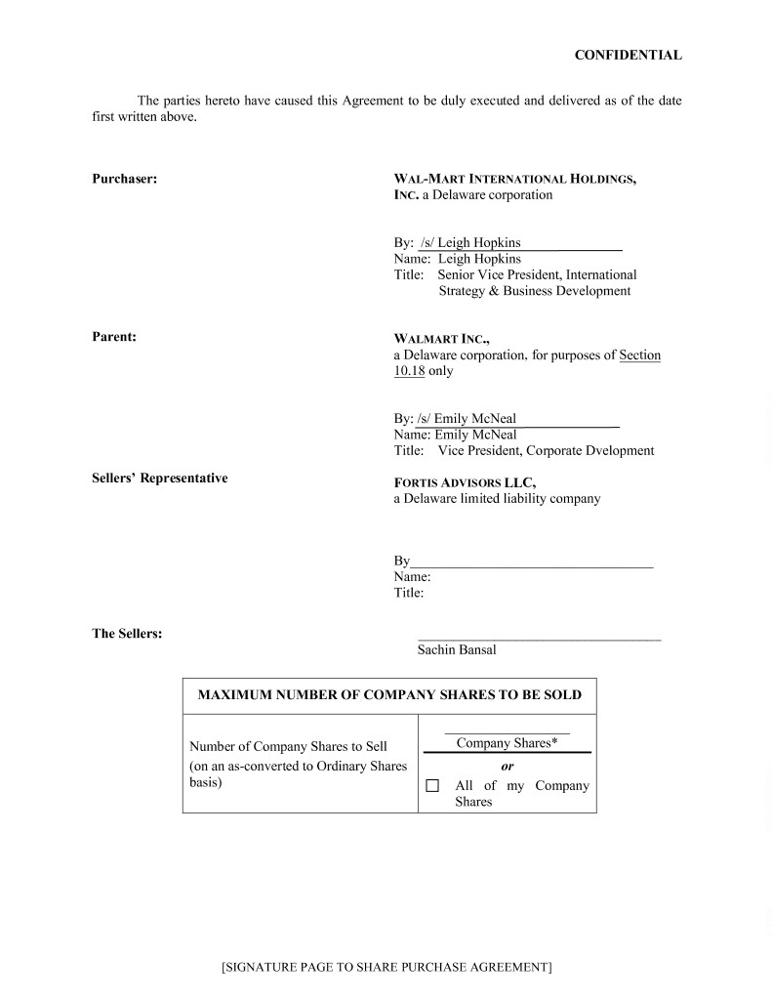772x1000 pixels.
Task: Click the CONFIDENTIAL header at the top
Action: click(x=628, y=56)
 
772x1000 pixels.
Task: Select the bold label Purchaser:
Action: click(x=125, y=179)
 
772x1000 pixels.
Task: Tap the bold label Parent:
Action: click(x=114, y=337)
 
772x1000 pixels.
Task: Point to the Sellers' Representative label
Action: click(x=160, y=479)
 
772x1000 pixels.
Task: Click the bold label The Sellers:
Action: click(x=127, y=634)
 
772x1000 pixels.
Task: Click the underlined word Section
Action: click(x=639, y=355)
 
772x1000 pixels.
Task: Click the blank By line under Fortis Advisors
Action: click(x=531, y=561)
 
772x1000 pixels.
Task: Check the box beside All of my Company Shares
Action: click(x=433, y=786)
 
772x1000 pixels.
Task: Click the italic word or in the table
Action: click(x=508, y=768)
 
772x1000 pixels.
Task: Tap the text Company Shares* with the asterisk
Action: click(x=507, y=743)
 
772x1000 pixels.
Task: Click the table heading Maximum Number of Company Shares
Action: click(x=389, y=695)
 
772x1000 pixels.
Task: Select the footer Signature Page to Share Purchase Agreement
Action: click(x=386, y=968)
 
